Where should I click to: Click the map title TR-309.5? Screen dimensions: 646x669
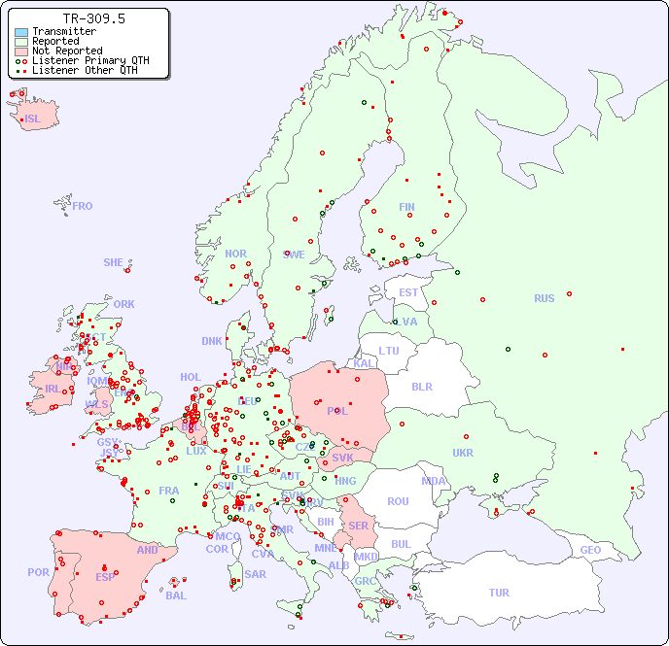click(x=93, y=18)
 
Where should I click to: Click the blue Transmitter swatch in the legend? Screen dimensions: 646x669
click(x=21, y=32)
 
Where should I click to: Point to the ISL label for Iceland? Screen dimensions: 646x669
click(x=33, y=119)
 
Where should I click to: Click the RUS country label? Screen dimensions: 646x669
click(x=544, y=298)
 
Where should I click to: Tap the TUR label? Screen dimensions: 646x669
click(x=499, y=593)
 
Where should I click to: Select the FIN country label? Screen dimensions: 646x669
click(x=406, y=207)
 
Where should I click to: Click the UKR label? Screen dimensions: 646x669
click(x=463, y=453)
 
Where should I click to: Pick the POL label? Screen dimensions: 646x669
click(x=337, y=411)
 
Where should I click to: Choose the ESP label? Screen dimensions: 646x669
click(x=105, y=577)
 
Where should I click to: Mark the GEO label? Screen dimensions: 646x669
click(x=590, y=550)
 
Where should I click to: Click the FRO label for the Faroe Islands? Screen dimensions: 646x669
click(x=83, y=206)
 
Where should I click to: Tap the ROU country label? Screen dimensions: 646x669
click(x=398, y=501)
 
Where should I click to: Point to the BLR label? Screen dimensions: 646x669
click(x=421, y=386)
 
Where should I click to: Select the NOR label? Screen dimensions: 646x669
click(x=235, y=254)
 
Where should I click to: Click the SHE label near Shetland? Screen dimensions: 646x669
click(x=114, y=262)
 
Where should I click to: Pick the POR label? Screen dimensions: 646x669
click(x=38, y=572)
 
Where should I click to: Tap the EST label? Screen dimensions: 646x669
click(x=408, y=292)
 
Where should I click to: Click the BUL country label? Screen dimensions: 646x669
click(x=401, y=544)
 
